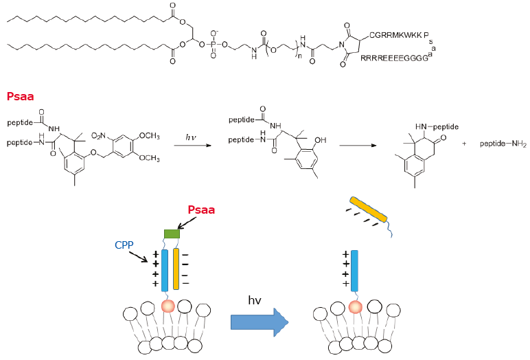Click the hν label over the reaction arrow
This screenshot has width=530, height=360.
194,137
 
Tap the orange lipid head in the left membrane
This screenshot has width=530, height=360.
166,306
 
